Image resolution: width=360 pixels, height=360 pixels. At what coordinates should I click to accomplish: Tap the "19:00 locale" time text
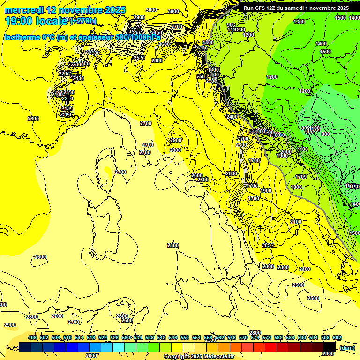click(x=32, y=21)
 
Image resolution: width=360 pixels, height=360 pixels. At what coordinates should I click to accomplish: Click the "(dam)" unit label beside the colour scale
click(x=347, y=347)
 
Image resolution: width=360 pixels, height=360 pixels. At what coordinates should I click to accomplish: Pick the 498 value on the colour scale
click(x=32, y=337)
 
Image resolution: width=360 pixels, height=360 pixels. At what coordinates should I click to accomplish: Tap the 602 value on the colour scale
click(x=337, y=337)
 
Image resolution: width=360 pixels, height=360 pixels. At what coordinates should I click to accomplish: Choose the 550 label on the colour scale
click(x=185, y=337)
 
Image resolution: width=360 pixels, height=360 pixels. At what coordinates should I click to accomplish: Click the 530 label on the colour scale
click(x=126, y=337)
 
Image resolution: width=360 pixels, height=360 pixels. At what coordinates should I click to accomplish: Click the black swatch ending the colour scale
click(x=330, y=347)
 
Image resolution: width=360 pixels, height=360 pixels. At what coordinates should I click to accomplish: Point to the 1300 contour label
click(x=299, y=22)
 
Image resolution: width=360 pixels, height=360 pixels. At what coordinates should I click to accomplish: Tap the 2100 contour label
click(x=296, y=222)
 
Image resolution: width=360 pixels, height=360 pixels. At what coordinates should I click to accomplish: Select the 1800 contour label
click(x=296, y=187)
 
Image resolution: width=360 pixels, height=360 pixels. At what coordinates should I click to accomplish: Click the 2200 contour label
click(x=242, y=139)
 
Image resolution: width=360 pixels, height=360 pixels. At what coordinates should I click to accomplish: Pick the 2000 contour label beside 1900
click(x=285, y=152)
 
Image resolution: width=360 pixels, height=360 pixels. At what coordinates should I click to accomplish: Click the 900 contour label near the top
click(x=231, y=25)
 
